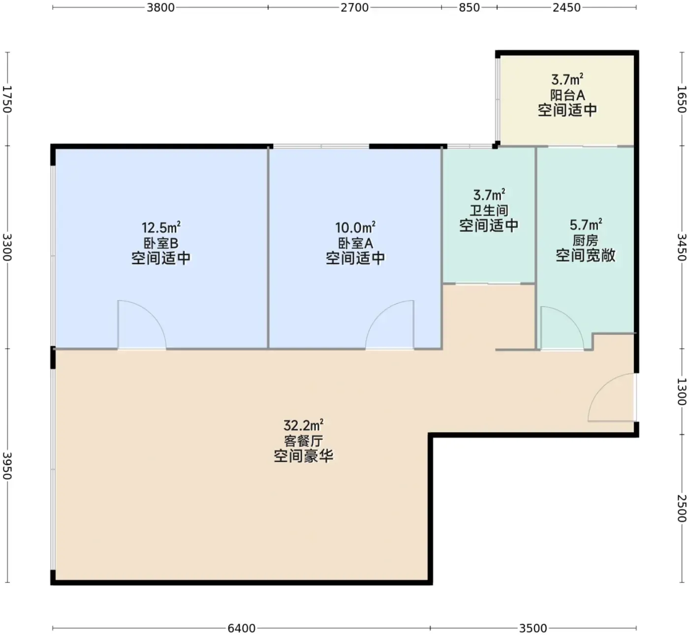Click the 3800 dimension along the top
pyautogui.click(x=160, y=7)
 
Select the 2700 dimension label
pyautogui.click(x=354, y=7)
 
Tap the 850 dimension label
pyautogui.click(x=469, y=7)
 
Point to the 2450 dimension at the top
pyautogui.click(x=566, y=7)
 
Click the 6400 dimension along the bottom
pyautogui.click(x=242, y=628)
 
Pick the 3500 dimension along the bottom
pyautogui.click(x=533, y=628)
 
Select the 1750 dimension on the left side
pyautogui.click(x=7, y=99)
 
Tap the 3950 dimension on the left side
pyautogui.click(x=7, y=466)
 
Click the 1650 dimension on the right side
pyautogui.click(x=681, y=99)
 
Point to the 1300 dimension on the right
pyautogui.click(x=681, y=392)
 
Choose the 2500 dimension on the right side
pyautogui.click(x=681, y=509)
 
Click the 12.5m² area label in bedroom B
pyautogui.click(x=161, y=228)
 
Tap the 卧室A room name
pyautogui.click(x=356, y=243)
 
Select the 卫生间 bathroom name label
pyautogui.click(x=489, y=211)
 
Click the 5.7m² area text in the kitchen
pyautogui.click(x=586, y=225)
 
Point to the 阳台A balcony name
pyautogui.click(x=567, y=95)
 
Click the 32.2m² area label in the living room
pyautogui.click(x=304, y=425)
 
